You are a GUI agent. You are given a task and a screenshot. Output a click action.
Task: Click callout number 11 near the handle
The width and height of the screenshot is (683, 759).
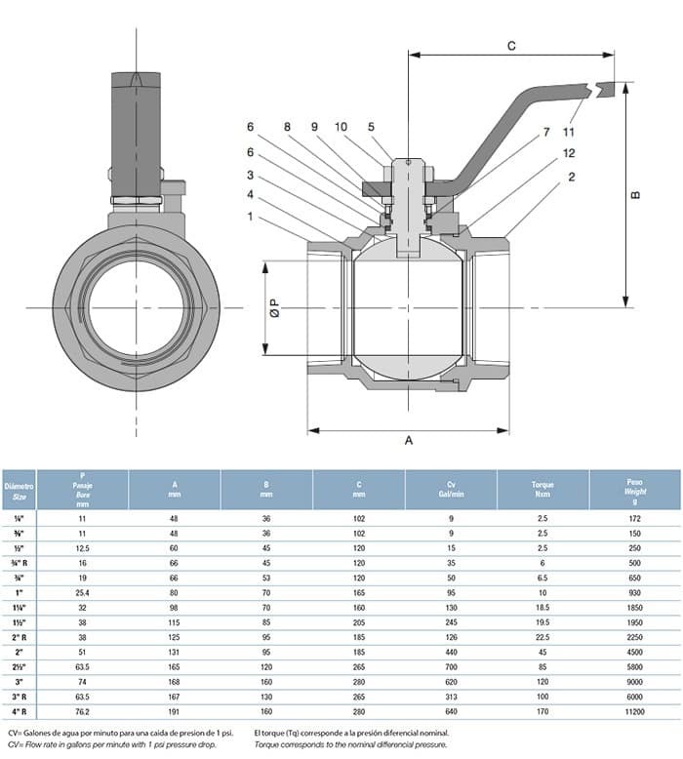tap(568, 131)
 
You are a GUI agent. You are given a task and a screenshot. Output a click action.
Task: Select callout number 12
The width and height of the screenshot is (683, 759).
tap(569, 154)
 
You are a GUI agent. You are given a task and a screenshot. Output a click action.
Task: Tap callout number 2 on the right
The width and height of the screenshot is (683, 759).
tap(571, 176)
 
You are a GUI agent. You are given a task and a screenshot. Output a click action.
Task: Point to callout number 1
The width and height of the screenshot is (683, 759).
tap(250, 217)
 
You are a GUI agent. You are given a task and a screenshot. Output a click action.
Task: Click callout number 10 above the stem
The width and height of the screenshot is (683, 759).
tap(341, 127)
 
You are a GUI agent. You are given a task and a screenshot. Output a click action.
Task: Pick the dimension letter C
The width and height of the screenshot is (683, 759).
tap(511, 46)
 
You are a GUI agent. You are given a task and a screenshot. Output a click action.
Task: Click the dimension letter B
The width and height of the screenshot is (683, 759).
tap(636, 195)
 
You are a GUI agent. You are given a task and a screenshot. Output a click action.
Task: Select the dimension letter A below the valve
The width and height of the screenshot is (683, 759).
tap(409, 441)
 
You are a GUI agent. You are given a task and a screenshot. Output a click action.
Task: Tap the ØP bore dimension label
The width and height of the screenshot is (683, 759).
tap(275, 309)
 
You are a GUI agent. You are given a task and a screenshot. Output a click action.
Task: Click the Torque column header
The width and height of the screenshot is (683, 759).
tap(542, 489)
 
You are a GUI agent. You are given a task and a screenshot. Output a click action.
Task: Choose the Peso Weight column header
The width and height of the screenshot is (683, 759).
tap(635, 489)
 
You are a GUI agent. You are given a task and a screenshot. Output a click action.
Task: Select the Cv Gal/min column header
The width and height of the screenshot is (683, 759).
tap(451, 489)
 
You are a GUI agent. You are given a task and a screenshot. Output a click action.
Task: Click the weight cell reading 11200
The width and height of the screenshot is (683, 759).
tap(635, 712)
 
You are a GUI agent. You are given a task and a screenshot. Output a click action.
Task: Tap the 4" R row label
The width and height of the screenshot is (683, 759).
tap(20, 712)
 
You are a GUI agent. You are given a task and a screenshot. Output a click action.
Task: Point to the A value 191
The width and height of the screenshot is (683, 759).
tap(175, 712)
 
